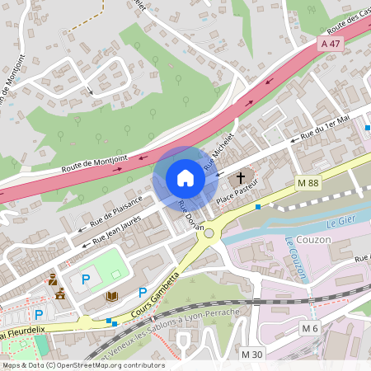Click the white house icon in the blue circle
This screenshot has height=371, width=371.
185,177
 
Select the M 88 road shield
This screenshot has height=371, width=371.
307,181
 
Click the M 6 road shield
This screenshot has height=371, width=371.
309,328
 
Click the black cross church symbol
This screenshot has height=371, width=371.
242,176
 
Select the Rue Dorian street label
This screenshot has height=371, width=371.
190,221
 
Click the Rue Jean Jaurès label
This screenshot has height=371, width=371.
115,229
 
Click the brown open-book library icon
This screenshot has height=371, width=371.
113,296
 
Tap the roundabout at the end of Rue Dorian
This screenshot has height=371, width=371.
210,233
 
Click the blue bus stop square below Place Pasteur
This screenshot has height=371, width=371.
258,206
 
